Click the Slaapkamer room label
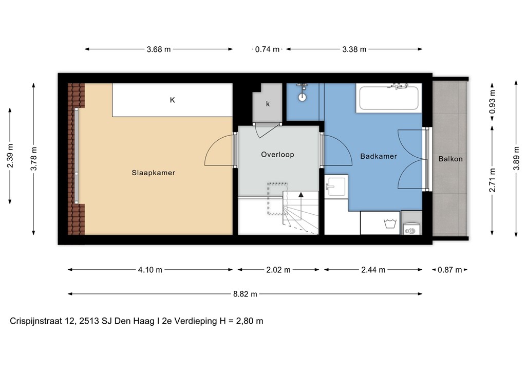(x=153, y=173)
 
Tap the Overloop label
(x=277, y=154)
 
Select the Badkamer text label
(x=378, y=156)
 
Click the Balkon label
(x=450, y=159)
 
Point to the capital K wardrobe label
(x=173, y=100)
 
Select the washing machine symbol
(x=388, y=224)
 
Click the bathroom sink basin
(x=336, y=186)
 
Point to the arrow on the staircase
(x=300, y=196)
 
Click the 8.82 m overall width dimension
(x=245, y=294)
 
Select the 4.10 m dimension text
(x=151, y=270)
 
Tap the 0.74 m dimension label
(x=267, y=49)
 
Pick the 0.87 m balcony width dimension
(x=450, y=270)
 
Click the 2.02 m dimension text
(x=278, y=270)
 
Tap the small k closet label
(x=268, y=104)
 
